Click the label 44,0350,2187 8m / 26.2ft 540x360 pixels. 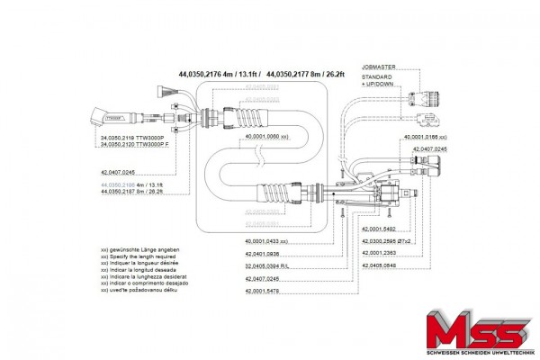pos(137,192)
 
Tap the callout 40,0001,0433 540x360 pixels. pos(266,242)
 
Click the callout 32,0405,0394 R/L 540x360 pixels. pos(265,267)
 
